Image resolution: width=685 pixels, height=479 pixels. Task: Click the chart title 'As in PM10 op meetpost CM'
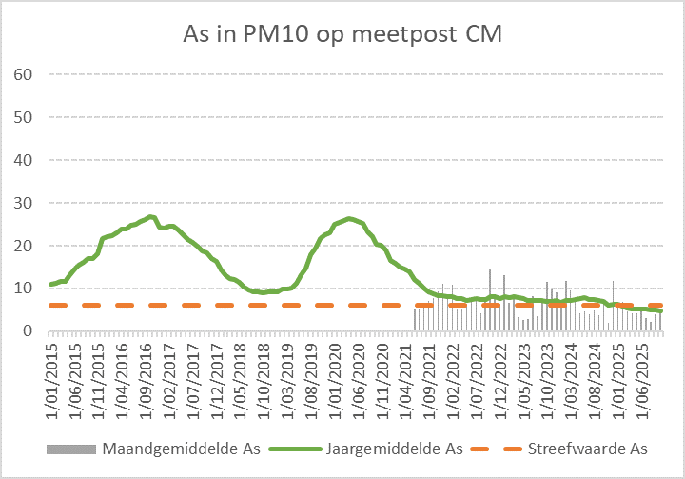point(342,34)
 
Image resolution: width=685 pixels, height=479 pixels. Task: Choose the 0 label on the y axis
point(29,331)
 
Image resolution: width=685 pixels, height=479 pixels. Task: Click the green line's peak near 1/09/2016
point(151,217)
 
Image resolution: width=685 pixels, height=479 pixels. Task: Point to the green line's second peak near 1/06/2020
point(349,219)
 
